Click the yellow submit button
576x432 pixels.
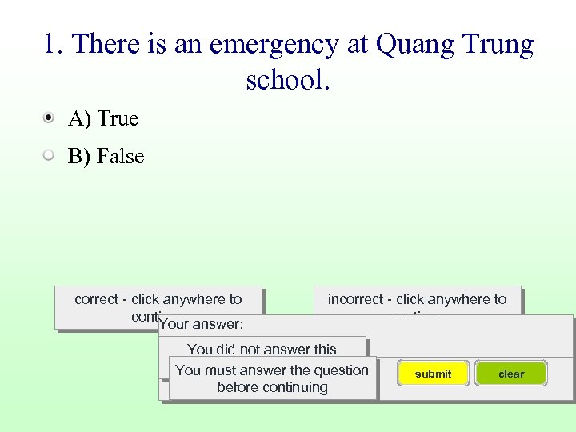pos(433,374)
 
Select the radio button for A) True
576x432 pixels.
pos(50,118)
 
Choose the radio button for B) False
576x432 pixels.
pos(50,156)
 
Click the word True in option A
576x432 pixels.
pos(118,119)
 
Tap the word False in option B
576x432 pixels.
pos(120,157)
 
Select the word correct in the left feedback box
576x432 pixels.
pos(96,299)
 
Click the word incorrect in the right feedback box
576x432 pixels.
pos(355,299)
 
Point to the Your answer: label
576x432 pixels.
pos(202,325)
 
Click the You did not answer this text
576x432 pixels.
pos(262,350)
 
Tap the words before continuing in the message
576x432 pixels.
pos(272,387)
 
